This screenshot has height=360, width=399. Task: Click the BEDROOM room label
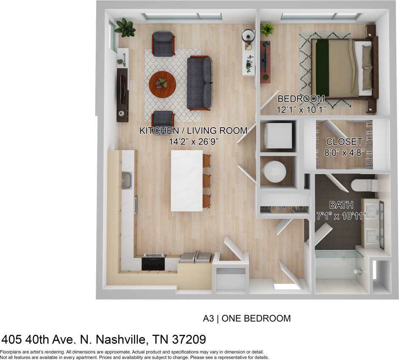coord(301,99)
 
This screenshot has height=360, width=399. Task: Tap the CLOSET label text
coord(344,142)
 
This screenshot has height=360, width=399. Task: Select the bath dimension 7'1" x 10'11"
coord(341,215)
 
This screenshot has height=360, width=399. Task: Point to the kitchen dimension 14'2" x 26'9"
coord(193,142)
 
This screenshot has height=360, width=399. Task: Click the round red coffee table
coord(161,84)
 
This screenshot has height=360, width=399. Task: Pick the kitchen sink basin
coord(127,181)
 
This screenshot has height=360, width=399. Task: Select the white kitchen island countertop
coord(186,180)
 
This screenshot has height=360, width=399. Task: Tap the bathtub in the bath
coord(339,265)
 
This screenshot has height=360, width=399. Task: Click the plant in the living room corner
coord(125,28)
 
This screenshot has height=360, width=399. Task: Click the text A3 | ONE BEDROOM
coord(247,318)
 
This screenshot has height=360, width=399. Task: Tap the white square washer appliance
coord(278,135)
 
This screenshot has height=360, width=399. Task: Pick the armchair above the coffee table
coord(163,43)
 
